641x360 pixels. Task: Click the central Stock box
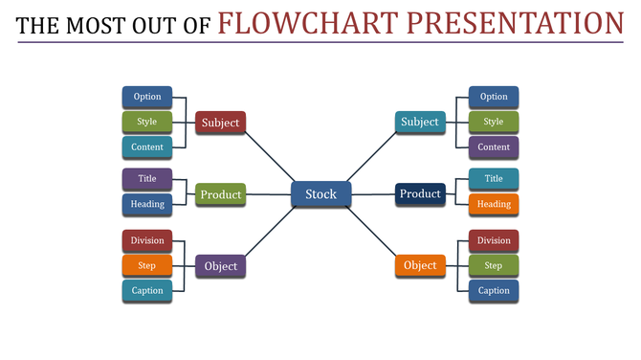click(320, 194)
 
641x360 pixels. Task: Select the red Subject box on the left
click(220, 123)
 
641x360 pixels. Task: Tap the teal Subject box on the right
click(419, 122)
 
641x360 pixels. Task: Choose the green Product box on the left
click(220, 194)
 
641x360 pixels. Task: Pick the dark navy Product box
click(420, 193)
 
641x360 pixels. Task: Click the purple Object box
click(220, 266)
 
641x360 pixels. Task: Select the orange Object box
click(420, 265)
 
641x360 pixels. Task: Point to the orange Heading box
click(494, 204)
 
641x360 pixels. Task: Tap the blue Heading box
click(147, 204)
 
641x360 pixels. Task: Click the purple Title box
click(147, 179)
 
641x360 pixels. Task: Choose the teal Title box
click(494, 179)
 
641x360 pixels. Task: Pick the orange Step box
click(147, 265)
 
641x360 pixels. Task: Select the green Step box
click(494, 265)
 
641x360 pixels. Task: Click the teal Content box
click(147, 146)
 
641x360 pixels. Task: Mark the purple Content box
click(494, 146)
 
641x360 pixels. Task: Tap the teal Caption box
click(147, 290)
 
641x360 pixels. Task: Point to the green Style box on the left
click(147, 122)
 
